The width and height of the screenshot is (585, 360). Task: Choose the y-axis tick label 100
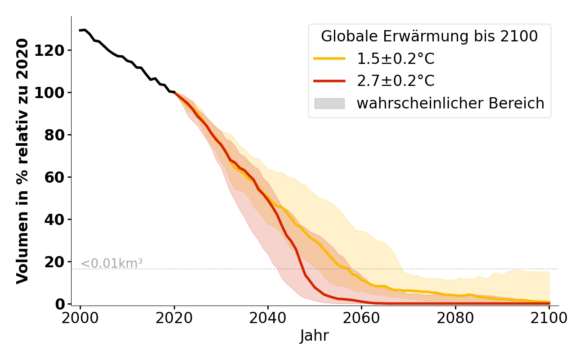click(49, 93)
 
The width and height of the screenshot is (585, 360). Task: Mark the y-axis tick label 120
click(49, 50)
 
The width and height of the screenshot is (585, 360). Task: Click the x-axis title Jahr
click(315, 336)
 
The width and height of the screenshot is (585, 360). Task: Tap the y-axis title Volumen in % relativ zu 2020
click(22, 161)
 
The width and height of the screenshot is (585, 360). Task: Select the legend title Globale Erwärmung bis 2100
click(429, 36)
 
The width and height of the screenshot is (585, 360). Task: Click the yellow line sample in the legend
click(329, 58)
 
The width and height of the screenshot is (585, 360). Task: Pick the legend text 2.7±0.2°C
click(396, 81)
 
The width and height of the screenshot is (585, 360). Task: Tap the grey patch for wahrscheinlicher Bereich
click(329, 103)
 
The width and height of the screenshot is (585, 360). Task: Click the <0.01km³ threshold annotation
click(112, 263)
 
